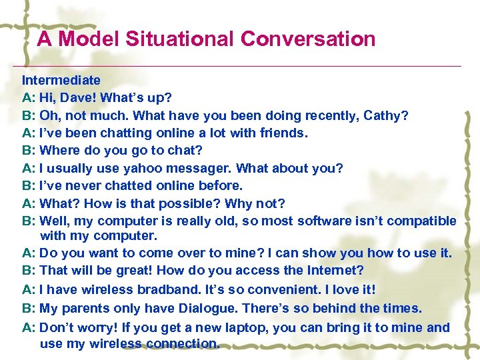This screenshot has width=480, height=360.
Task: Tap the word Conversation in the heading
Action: coord(307,39)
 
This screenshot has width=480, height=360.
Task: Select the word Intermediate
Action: coord(61,81)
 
